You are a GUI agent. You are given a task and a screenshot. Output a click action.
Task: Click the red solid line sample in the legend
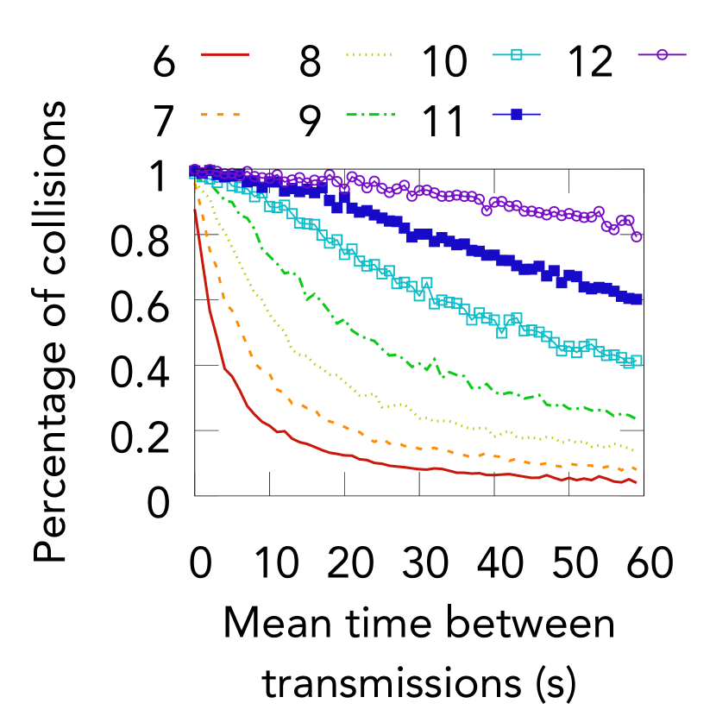[x=225, y=54]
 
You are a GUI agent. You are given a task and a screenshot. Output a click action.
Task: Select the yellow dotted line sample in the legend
[x=369, y=54]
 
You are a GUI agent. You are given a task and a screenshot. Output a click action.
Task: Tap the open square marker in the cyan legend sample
[x=516, y=54]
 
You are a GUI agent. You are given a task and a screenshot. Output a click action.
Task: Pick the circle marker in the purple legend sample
[x=662, y=54]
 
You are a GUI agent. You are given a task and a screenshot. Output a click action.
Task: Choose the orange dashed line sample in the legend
[x=221, y=114]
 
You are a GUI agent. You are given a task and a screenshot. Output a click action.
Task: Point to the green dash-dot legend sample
[x=370, y=114]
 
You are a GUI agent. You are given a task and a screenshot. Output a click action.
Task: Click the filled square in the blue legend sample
[x=516, y=114]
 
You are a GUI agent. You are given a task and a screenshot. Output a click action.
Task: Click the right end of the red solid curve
[x=637, y=483]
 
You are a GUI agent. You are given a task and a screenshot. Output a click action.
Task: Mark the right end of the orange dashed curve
[x=637, y=469]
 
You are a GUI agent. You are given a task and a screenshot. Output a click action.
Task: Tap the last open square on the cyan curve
[x=637, y=361]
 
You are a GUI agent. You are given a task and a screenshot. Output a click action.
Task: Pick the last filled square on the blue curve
[x=637, y=298]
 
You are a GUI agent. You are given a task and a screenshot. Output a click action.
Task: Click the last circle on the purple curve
[x=637, y=236]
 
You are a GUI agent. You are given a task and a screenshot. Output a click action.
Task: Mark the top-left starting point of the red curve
[x=195, y=210]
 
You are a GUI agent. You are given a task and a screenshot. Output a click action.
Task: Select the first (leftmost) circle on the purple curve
[x=194, y=170]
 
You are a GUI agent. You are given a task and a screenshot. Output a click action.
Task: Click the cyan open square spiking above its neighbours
[x=427, y=283]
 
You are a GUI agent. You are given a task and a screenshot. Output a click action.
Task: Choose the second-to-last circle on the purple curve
[x=629, y=221]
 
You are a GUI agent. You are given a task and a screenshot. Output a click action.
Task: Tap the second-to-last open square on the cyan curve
[x=629, y=363]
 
